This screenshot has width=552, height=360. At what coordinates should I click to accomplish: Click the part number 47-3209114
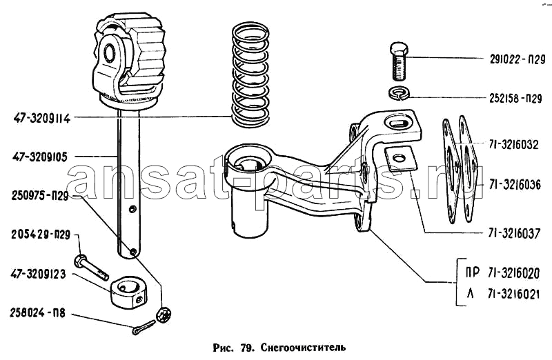point(42,118)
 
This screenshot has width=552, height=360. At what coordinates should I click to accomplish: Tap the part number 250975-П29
point(40,196)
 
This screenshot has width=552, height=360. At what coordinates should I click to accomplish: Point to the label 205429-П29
point(41,234)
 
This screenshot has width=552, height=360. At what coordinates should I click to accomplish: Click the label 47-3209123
point(38,274)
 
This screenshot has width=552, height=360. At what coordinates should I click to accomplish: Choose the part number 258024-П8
point(38,313)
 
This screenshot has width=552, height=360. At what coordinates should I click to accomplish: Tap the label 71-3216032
point(513,145)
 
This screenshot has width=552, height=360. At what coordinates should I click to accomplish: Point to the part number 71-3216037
point(514,233)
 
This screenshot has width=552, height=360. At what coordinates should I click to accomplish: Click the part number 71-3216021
point(514,294)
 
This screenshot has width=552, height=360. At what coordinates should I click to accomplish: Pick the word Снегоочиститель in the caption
point(303,348)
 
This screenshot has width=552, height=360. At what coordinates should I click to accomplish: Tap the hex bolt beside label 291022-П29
point(400,61)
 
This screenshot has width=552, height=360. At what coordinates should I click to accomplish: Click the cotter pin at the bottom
point(144,328)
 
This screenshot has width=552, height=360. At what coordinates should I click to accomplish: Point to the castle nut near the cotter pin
point(164,314)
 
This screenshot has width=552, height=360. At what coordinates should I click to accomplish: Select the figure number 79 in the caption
point(246,348)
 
